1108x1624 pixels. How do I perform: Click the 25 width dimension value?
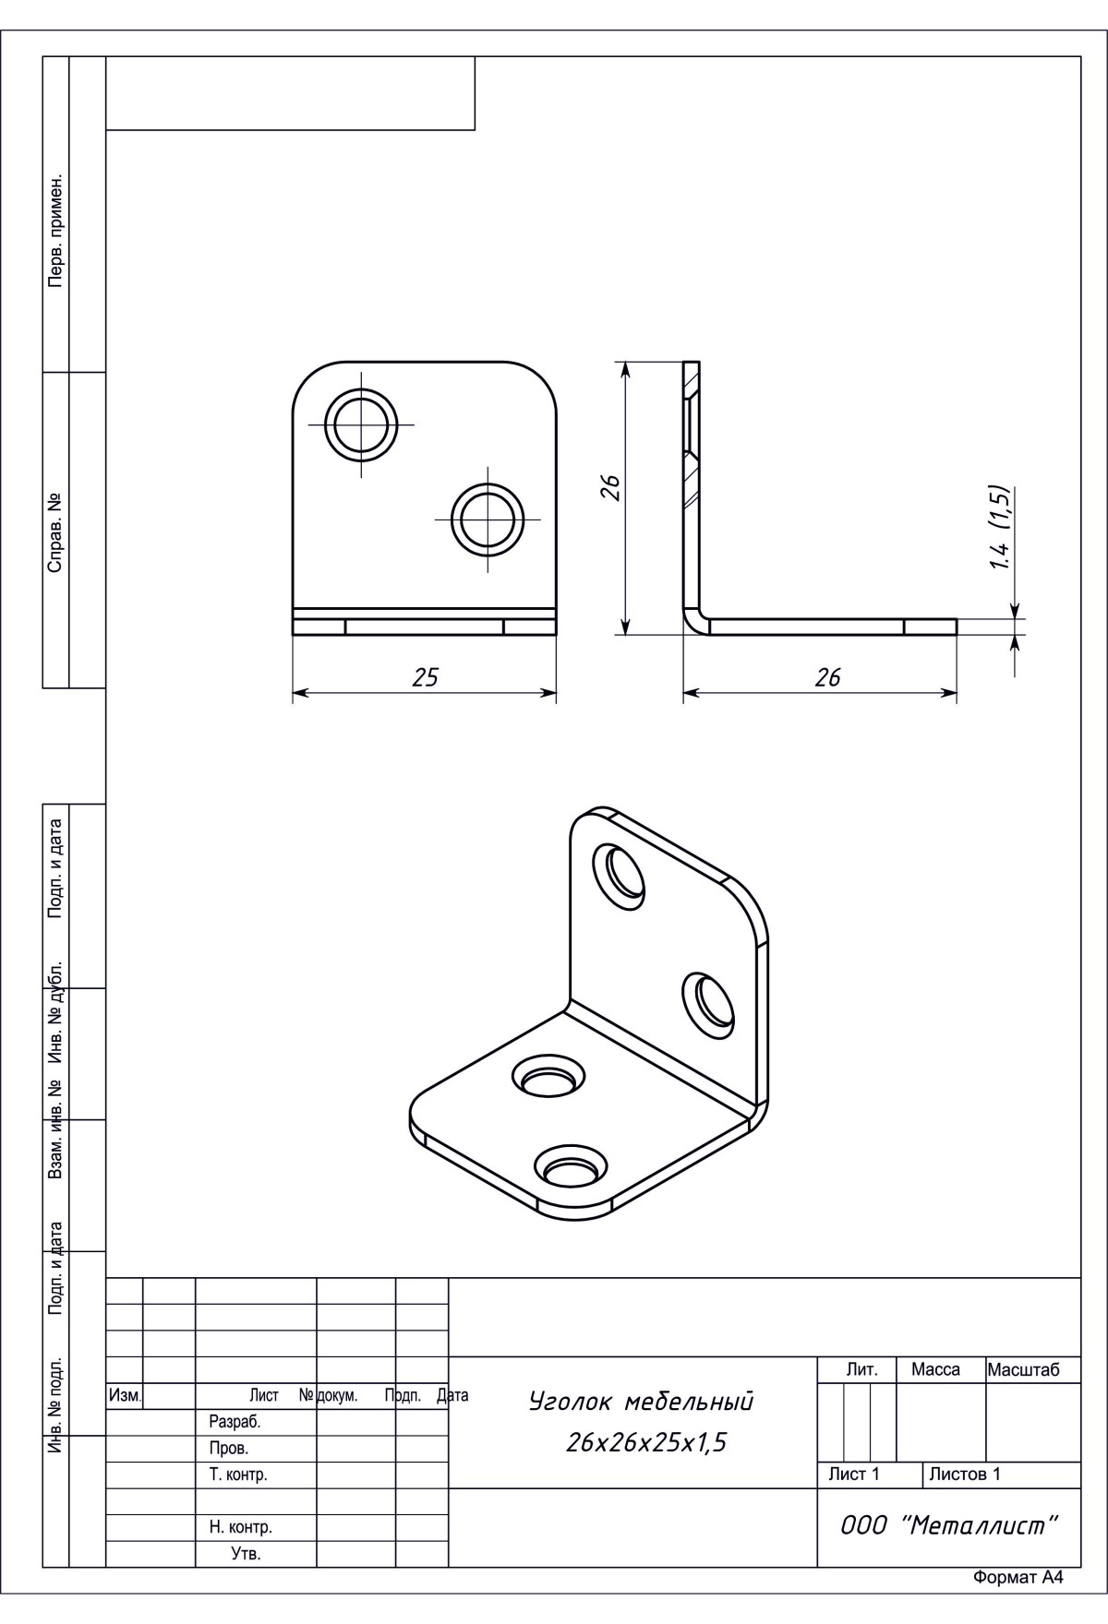425,677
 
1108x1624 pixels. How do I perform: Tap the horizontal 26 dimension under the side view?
828,677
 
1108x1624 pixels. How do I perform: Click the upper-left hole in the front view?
362,425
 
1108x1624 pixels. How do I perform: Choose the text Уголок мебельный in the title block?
641,1402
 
